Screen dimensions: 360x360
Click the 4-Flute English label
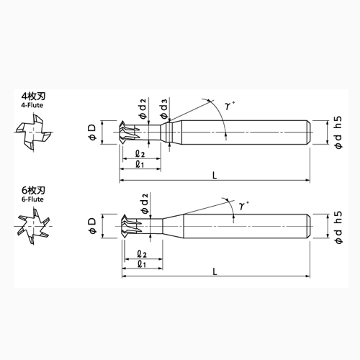point(32,105)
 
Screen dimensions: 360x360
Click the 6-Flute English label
point(32,199)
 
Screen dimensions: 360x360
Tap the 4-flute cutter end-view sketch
point(33,132)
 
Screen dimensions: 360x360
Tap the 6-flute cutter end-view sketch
point(33,226)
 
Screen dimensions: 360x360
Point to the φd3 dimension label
point(164,109)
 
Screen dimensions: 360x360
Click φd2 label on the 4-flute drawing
point(143,109)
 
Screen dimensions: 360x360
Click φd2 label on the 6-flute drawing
point(145,204)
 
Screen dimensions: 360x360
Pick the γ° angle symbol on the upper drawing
point(230,105)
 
